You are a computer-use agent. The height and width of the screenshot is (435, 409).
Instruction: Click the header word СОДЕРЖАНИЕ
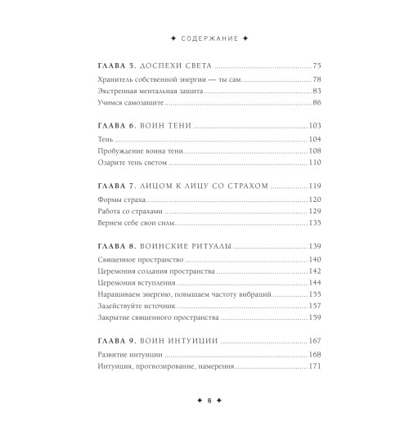click(204, 38)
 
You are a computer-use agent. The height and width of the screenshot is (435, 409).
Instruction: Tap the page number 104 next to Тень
click(316, 141)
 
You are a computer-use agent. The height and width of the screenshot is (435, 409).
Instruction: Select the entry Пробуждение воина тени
click(126, 153)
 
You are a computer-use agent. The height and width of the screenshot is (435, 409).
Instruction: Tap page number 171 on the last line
click(316, 367)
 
